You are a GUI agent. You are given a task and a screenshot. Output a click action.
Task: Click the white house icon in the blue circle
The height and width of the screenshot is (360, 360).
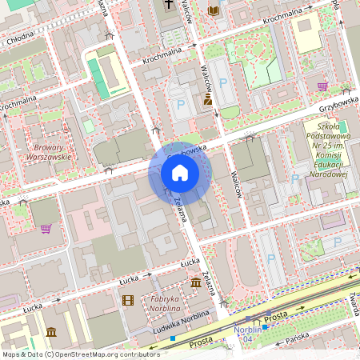[179, 172]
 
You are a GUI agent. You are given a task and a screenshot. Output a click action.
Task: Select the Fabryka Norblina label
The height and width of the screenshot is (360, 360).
[163, 304]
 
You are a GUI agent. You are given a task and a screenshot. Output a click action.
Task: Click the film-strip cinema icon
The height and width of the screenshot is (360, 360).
[128, 300]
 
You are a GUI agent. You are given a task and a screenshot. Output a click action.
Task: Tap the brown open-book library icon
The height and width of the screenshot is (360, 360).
[213, 10]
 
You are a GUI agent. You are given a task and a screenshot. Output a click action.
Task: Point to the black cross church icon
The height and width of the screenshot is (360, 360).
[170, 6]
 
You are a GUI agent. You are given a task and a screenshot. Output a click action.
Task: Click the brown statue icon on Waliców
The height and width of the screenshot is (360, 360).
[208, 99]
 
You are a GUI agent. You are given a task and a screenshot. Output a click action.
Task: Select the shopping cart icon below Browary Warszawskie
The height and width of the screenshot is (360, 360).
[46, 229]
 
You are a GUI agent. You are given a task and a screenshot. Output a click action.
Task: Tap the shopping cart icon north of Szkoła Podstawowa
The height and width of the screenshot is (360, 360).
[322, 86]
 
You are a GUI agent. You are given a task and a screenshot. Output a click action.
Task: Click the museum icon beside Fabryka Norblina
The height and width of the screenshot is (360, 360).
[196, 282]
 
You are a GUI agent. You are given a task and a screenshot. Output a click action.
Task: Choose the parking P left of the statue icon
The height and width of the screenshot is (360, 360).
[181, 105]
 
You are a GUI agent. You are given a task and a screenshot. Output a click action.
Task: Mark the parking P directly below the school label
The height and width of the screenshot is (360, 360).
[295, 179]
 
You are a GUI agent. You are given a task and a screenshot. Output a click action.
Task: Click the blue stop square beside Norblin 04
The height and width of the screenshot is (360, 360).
[265, 327]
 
